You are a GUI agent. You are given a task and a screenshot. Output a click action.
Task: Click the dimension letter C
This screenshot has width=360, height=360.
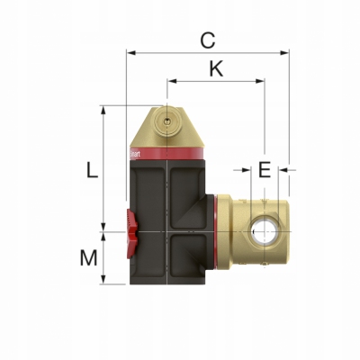point(208,40)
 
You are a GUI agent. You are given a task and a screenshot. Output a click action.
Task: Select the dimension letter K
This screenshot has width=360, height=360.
point(215,68)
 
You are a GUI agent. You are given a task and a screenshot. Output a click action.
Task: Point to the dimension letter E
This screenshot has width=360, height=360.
point(264,169)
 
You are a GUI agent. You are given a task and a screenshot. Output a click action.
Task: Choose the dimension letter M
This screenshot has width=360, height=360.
point(87,258)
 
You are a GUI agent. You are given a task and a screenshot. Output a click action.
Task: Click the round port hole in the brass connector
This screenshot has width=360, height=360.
point(264,232)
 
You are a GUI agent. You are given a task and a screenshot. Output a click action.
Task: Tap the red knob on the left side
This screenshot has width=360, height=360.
point(131,231)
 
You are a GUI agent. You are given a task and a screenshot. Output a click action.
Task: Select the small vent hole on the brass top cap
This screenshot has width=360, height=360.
point(166,118)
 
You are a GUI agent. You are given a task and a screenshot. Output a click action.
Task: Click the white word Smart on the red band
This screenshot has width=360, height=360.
point(135,154)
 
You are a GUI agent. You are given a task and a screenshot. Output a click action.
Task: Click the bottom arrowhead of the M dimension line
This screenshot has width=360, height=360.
point(104,282)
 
